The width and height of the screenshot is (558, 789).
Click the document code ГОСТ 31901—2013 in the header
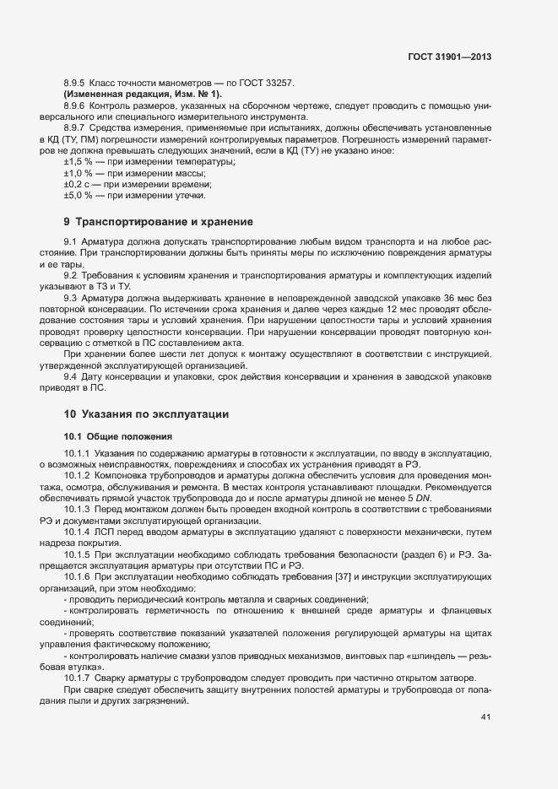449,58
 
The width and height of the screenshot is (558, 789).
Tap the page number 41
485,718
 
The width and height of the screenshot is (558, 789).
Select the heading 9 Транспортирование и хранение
158,223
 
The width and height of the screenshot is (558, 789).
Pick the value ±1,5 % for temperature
79,161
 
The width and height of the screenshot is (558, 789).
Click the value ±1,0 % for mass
79,173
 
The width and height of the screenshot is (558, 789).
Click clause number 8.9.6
75,105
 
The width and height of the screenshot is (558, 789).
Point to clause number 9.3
70,299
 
